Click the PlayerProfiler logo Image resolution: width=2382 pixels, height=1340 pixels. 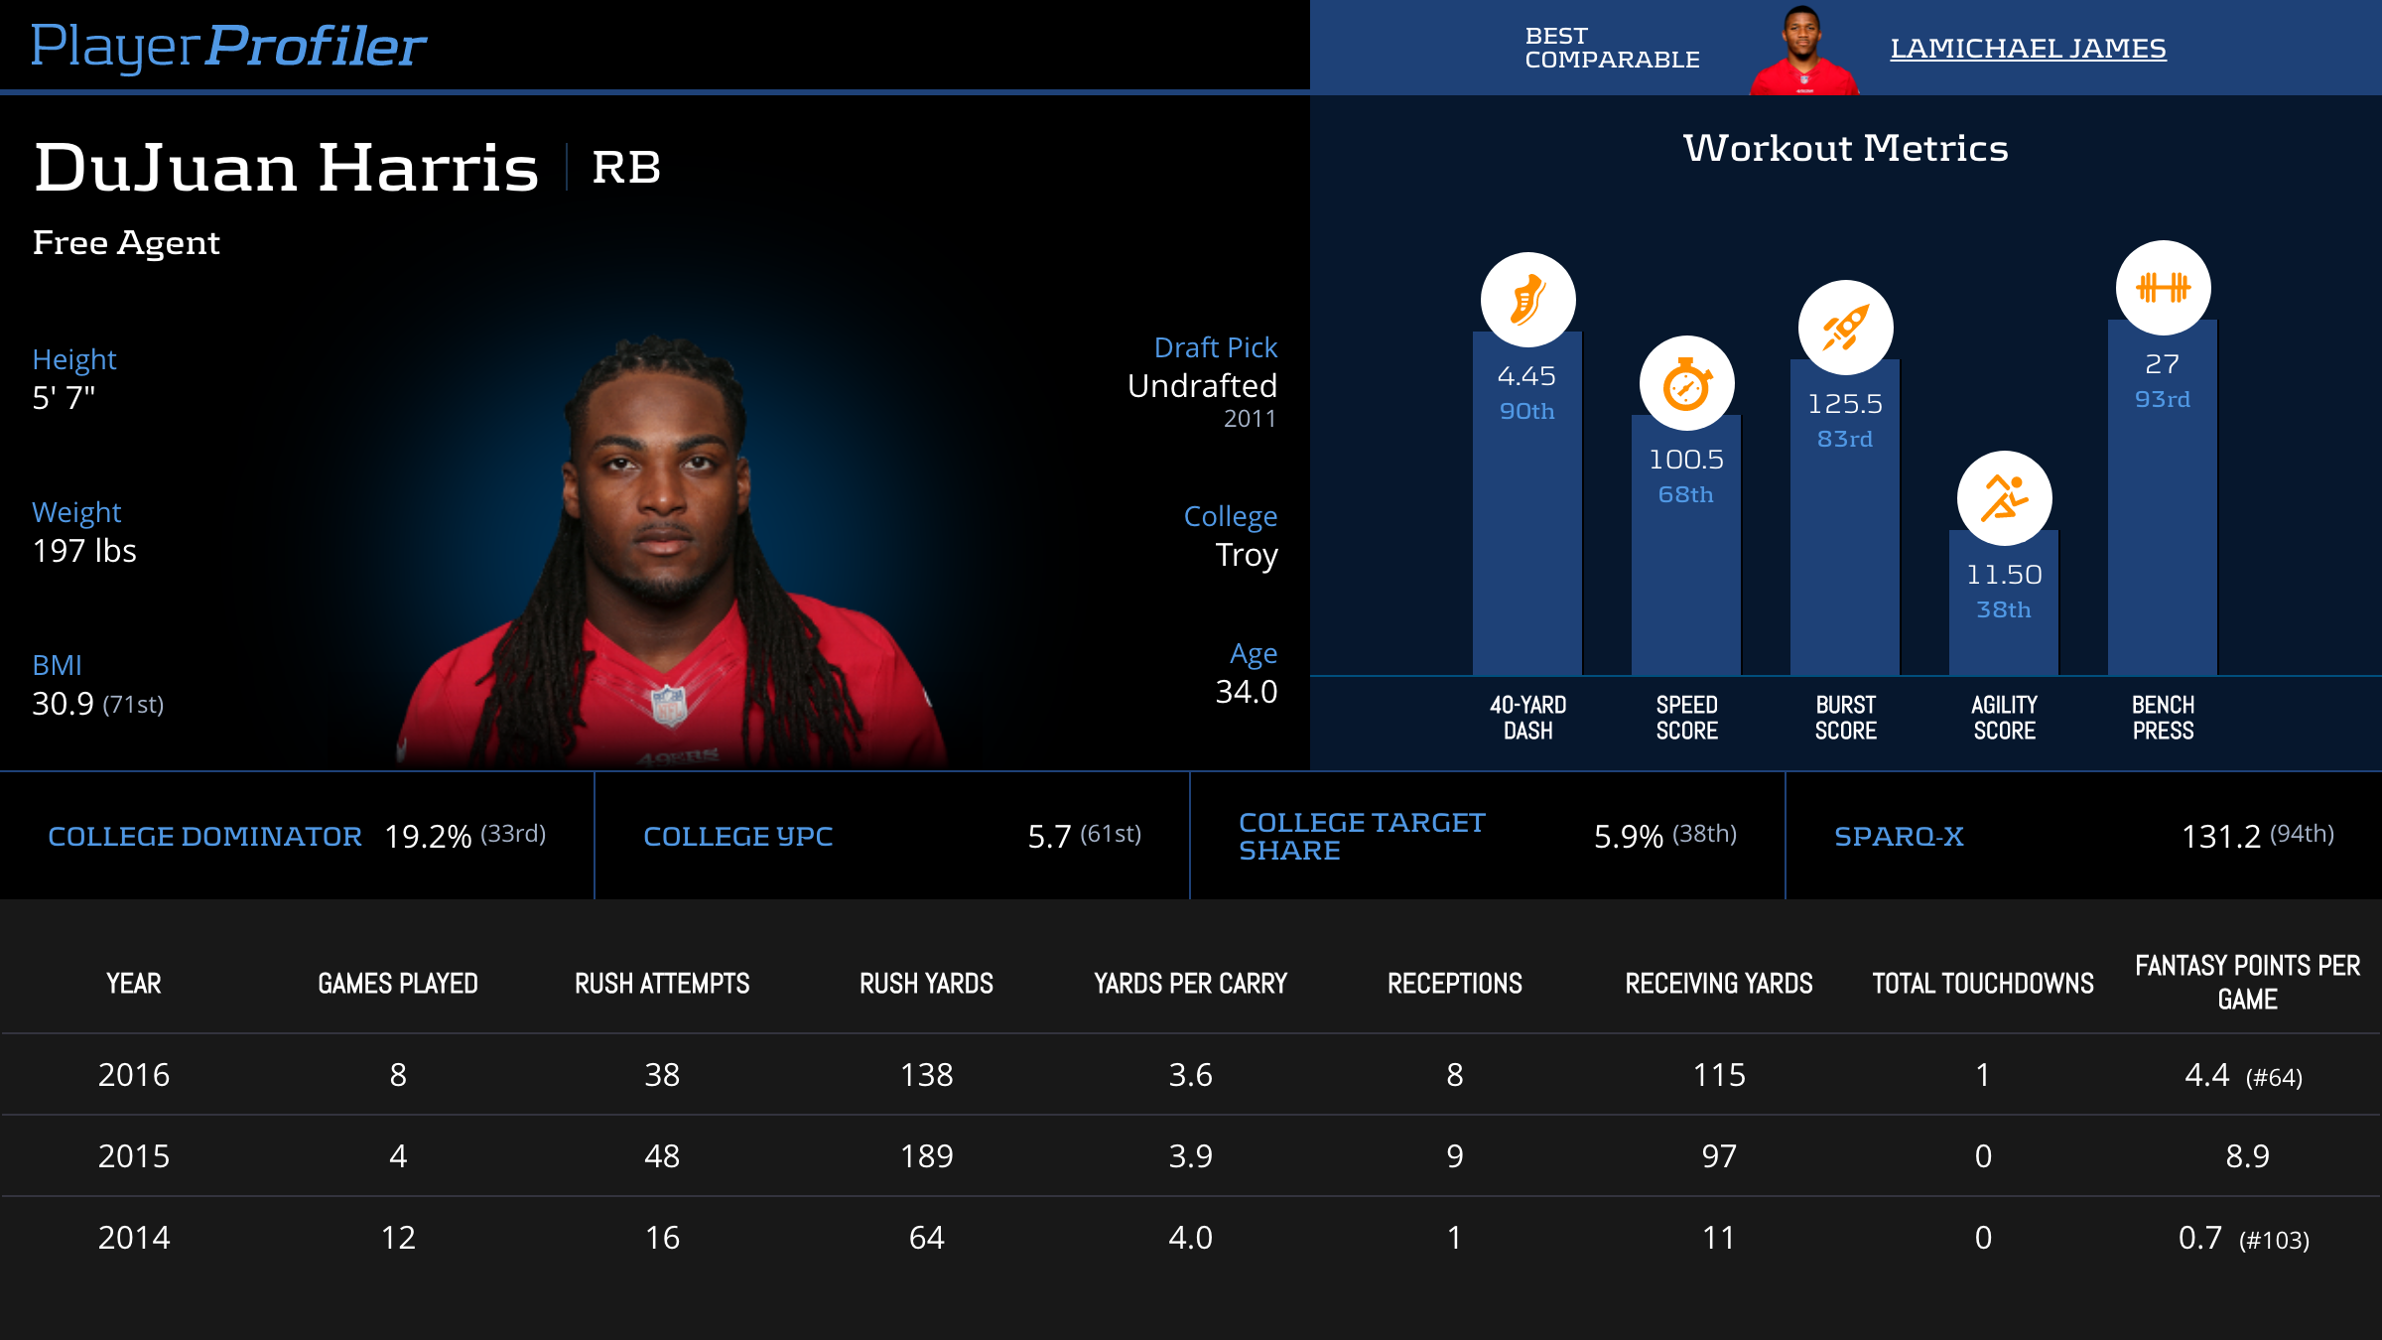tap(228, 47)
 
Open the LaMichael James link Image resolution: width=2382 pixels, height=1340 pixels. tap(2027, 48)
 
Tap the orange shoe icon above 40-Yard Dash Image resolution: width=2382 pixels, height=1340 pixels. tap(1527, 300)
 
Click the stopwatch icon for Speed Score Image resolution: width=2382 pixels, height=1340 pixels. tap(1686, 384)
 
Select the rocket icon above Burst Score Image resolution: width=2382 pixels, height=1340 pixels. tap(1845, 328)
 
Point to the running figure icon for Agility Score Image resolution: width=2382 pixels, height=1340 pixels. tap(2004, 498)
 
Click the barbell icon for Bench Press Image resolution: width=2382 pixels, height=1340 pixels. tap(2163, 288)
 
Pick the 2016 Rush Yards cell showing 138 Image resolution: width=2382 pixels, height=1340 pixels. tap(926, 1075)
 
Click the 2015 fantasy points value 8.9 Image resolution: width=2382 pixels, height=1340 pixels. tap(2247, 1156)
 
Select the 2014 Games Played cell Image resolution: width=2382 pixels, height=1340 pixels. tap(398, 1238)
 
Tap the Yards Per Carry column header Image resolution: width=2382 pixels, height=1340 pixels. tap(1190, 984)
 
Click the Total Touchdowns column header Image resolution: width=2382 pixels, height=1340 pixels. tap(1982, 984)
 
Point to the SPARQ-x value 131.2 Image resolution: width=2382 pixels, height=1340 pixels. tap(2220, 837)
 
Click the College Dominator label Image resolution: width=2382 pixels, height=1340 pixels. tap(204, 837)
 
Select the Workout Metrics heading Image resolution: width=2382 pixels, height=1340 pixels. tap(1845, 149)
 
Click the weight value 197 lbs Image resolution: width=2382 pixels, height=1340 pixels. tap(84, 551)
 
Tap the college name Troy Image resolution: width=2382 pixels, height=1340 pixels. tap(1246, 555)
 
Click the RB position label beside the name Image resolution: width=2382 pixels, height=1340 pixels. tap(626, 168)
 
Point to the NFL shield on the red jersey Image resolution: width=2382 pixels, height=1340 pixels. tap(668, 705)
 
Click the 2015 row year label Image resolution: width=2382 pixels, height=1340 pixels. tap(134, 1156)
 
